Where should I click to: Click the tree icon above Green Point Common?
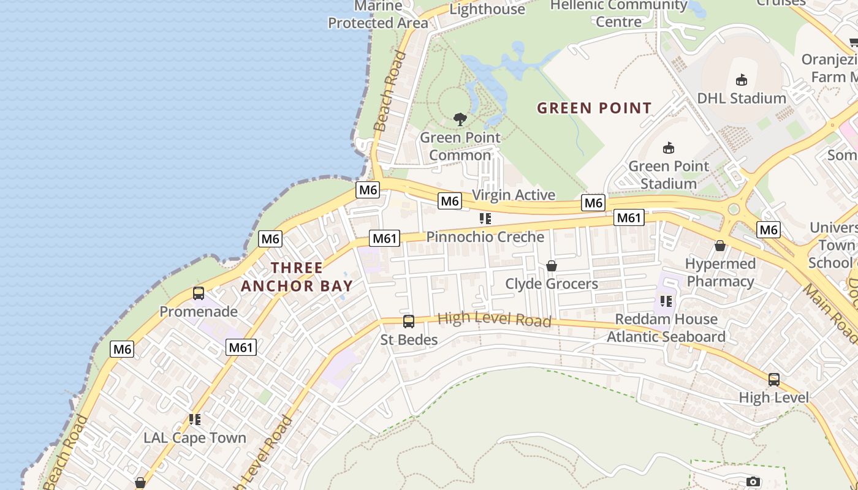coord(460,119)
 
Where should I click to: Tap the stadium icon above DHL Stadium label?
coord(741,80)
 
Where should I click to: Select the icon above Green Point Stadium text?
coord(669,148)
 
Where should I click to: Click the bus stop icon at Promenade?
coord(199,293)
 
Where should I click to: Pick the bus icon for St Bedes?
coord(409,322)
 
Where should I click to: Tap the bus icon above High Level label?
coord(774,380)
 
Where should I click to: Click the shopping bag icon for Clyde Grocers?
coord(552,266)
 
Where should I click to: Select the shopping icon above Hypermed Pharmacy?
coord(720,246)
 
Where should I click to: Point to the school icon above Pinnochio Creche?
coord(485,219)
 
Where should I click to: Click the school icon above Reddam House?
coord(666,301)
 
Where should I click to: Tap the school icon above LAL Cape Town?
coord(195,420)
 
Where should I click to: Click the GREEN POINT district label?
coord(594,108)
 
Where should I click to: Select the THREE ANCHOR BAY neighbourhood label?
coord(297,277)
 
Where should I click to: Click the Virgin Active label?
coord(514,195)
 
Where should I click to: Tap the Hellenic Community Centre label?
coord(618,13)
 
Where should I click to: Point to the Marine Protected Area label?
coord(378,15)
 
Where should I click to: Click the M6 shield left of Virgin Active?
coord(450,201)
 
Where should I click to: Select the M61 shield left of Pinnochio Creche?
coord(385,238)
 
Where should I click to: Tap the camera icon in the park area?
coord(753,482)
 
